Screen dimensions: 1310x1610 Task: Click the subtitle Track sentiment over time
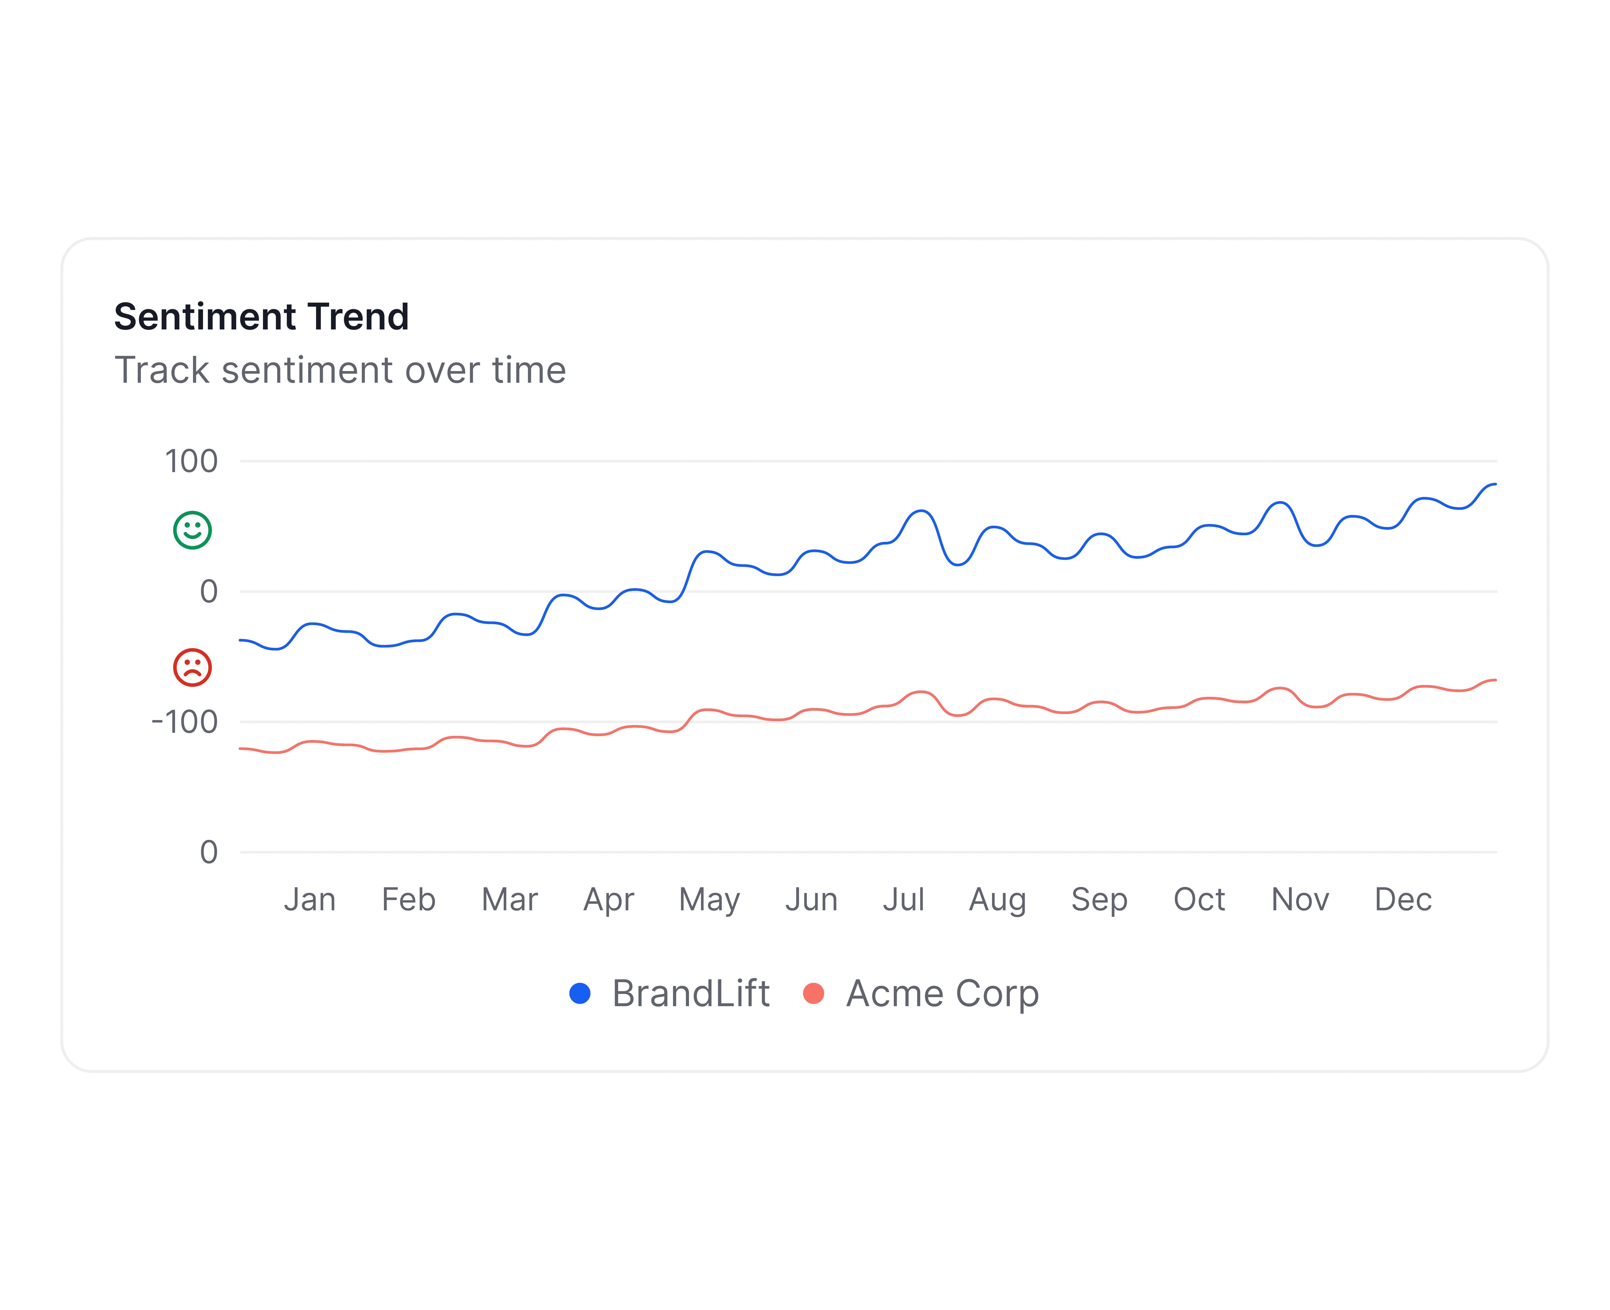(x=340, y=371)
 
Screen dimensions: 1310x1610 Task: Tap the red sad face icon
(x=192, y=667)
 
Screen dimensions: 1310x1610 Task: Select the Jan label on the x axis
(x=309, y=899)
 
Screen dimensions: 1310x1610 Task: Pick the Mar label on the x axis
(x=510, y=899)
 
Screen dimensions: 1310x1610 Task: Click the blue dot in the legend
(x=579, y=993)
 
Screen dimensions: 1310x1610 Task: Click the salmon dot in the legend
(x=813, y=993)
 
